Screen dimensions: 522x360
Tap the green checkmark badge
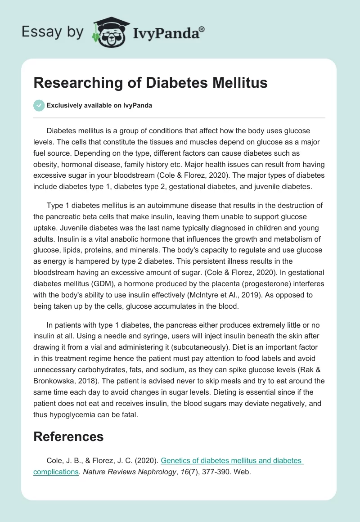pyautogui.click(x=39, y=105)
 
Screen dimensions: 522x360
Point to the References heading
pyautogui.click(x=68, y=436)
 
